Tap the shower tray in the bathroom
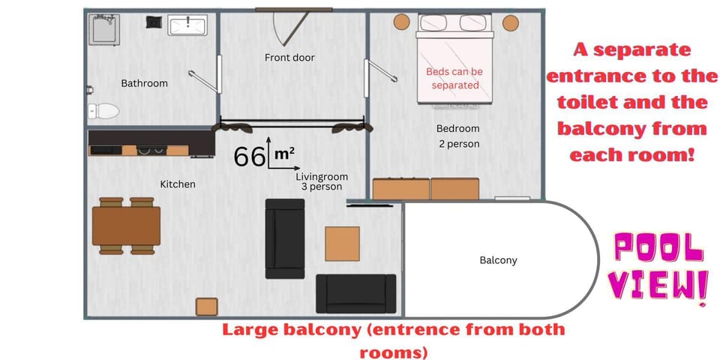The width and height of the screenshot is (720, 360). (104, 29)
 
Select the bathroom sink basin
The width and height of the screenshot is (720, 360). (187, 25)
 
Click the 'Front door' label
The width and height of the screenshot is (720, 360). (289, 58)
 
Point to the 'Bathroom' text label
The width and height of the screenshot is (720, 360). (144, 83)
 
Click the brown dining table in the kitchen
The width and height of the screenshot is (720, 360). (126, 226)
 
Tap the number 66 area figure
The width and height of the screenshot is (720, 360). (249, 157)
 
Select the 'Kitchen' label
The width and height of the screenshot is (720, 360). (178, 184)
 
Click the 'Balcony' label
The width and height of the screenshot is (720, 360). (498, 260)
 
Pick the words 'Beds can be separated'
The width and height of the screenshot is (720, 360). (454, 79)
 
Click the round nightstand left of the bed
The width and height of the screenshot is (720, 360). (402, 22)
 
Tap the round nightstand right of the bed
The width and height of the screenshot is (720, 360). (511, 23)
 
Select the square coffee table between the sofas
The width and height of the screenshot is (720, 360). (343, 244)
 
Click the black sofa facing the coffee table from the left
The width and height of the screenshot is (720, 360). (285, 238)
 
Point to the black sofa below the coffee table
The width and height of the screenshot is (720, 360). (355, 294)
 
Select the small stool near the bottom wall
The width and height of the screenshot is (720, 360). (207, 307)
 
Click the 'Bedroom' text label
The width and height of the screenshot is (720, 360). (457, 128)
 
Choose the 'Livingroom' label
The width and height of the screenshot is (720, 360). (322, 177)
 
